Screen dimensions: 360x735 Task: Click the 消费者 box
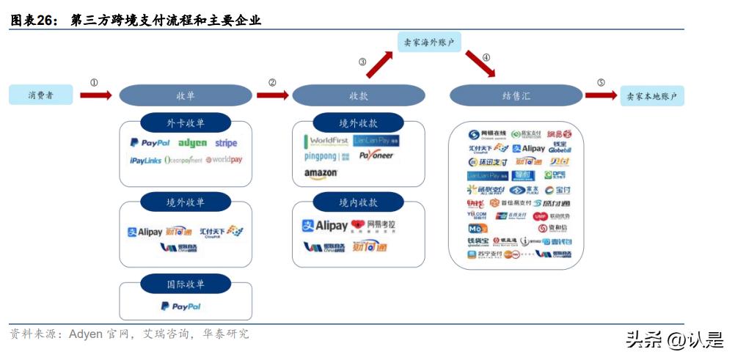pyautogui.click(x=41, y=95)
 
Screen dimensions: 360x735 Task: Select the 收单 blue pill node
pyautogui.click(x=185, y=95)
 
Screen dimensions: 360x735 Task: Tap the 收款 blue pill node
pyautogui.click(x=358, y=95)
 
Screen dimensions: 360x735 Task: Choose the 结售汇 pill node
pyautogui.click(x=516, y=95)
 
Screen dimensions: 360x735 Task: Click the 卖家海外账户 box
pyautogui.click(x=429, y=42)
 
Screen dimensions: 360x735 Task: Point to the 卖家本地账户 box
pyautogui.click(x=652, y=95)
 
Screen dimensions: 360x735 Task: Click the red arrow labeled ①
pyautogui.click(x=95, y=95)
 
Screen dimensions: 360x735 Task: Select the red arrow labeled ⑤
pyautogui.click(x=601, y=95)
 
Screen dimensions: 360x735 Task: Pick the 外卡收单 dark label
pyautogui.click(x=185, y=122)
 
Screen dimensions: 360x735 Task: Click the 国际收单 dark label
pyautogui.click(x=185, y=284)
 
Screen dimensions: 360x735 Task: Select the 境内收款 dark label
pyautogui.click(x=358, y=202)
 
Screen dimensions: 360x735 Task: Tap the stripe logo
pyautogui.click(x=226, y=143)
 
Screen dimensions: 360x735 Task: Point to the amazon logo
pyautogui.click(x=321, y=173)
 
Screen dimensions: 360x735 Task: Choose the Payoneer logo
pyautogui.click(x=376, y=155)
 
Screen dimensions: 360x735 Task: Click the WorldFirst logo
pyautogui.click(x=324, y=140)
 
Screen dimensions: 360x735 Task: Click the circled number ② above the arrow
pyautogui.click(x=272, y=83)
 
